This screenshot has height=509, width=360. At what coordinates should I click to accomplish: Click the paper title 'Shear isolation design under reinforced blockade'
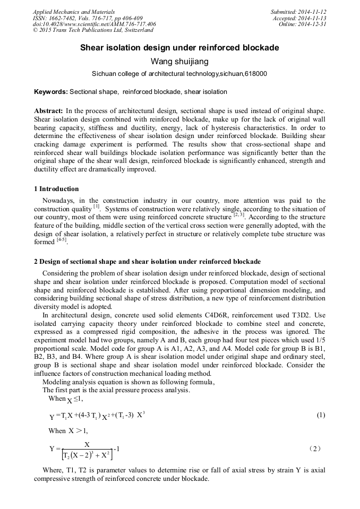point(179,48)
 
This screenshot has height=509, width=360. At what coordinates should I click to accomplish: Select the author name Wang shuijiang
point(179,62)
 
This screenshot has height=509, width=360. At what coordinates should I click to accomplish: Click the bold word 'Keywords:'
point(51,92)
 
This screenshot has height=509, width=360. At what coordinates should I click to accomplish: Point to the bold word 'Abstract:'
point(48,110)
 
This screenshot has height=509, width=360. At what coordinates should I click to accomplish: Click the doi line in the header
point(94,24)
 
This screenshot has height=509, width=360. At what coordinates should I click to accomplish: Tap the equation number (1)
point(321,415)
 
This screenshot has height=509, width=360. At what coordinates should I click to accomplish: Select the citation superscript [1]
point(96,206)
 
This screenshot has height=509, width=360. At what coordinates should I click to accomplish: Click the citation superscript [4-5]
point(62,240)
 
